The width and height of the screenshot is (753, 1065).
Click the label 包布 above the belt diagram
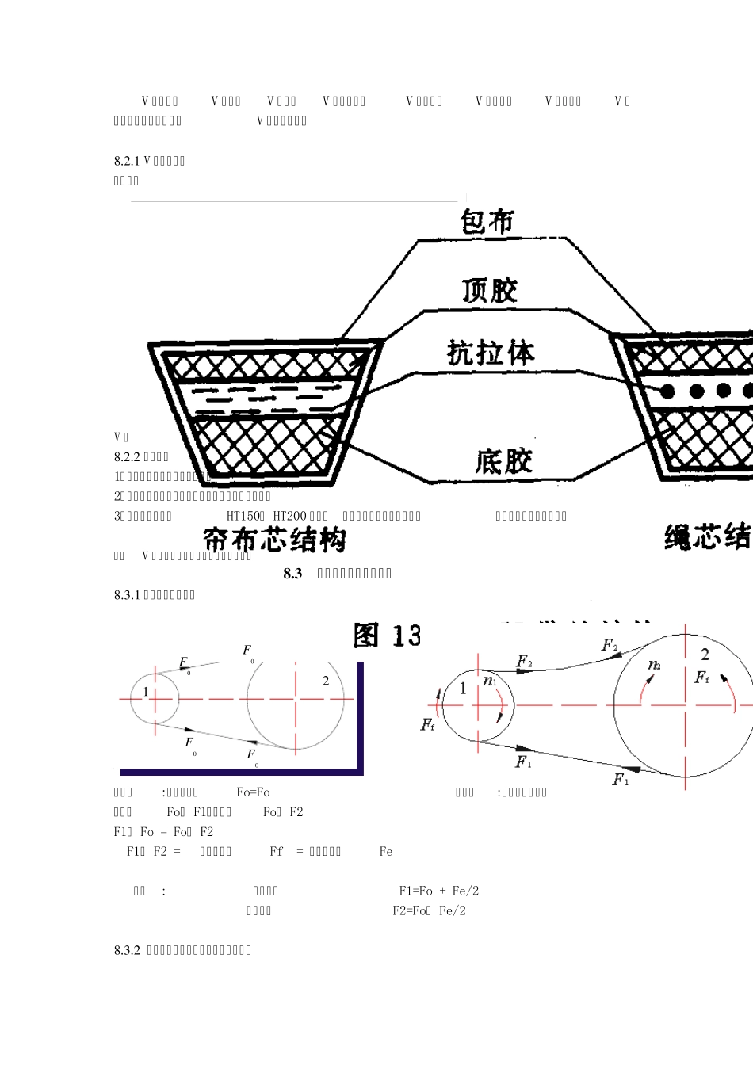pos(487,221)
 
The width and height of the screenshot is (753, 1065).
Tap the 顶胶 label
pos(490,290)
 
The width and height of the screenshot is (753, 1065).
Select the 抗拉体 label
pos(491,353)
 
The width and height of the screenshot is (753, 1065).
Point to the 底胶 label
pos(504,461)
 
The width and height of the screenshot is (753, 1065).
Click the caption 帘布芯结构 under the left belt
pos(275,540)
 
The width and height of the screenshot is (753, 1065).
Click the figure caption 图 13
pos(387,636)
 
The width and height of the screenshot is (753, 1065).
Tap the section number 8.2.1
pos(127,161)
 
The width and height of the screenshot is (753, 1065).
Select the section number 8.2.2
pos(127,457)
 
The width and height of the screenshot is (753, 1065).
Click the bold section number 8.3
pos(292,574)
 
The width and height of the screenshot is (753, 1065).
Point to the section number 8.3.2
pos(127,950)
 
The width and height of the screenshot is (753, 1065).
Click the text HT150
pos(243,516)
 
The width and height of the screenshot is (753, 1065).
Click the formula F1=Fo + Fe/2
pos(438,891)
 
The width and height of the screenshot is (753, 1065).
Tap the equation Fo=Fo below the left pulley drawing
pos(253,792)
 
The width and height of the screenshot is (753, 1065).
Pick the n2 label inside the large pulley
pos(654,665)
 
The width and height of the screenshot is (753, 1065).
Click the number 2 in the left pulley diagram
pos(326,681)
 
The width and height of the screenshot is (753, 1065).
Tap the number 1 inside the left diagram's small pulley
pos(146,692)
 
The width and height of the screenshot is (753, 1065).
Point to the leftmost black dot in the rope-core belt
pos(667,391)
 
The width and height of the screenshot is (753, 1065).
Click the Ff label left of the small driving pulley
pos(427,724)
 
